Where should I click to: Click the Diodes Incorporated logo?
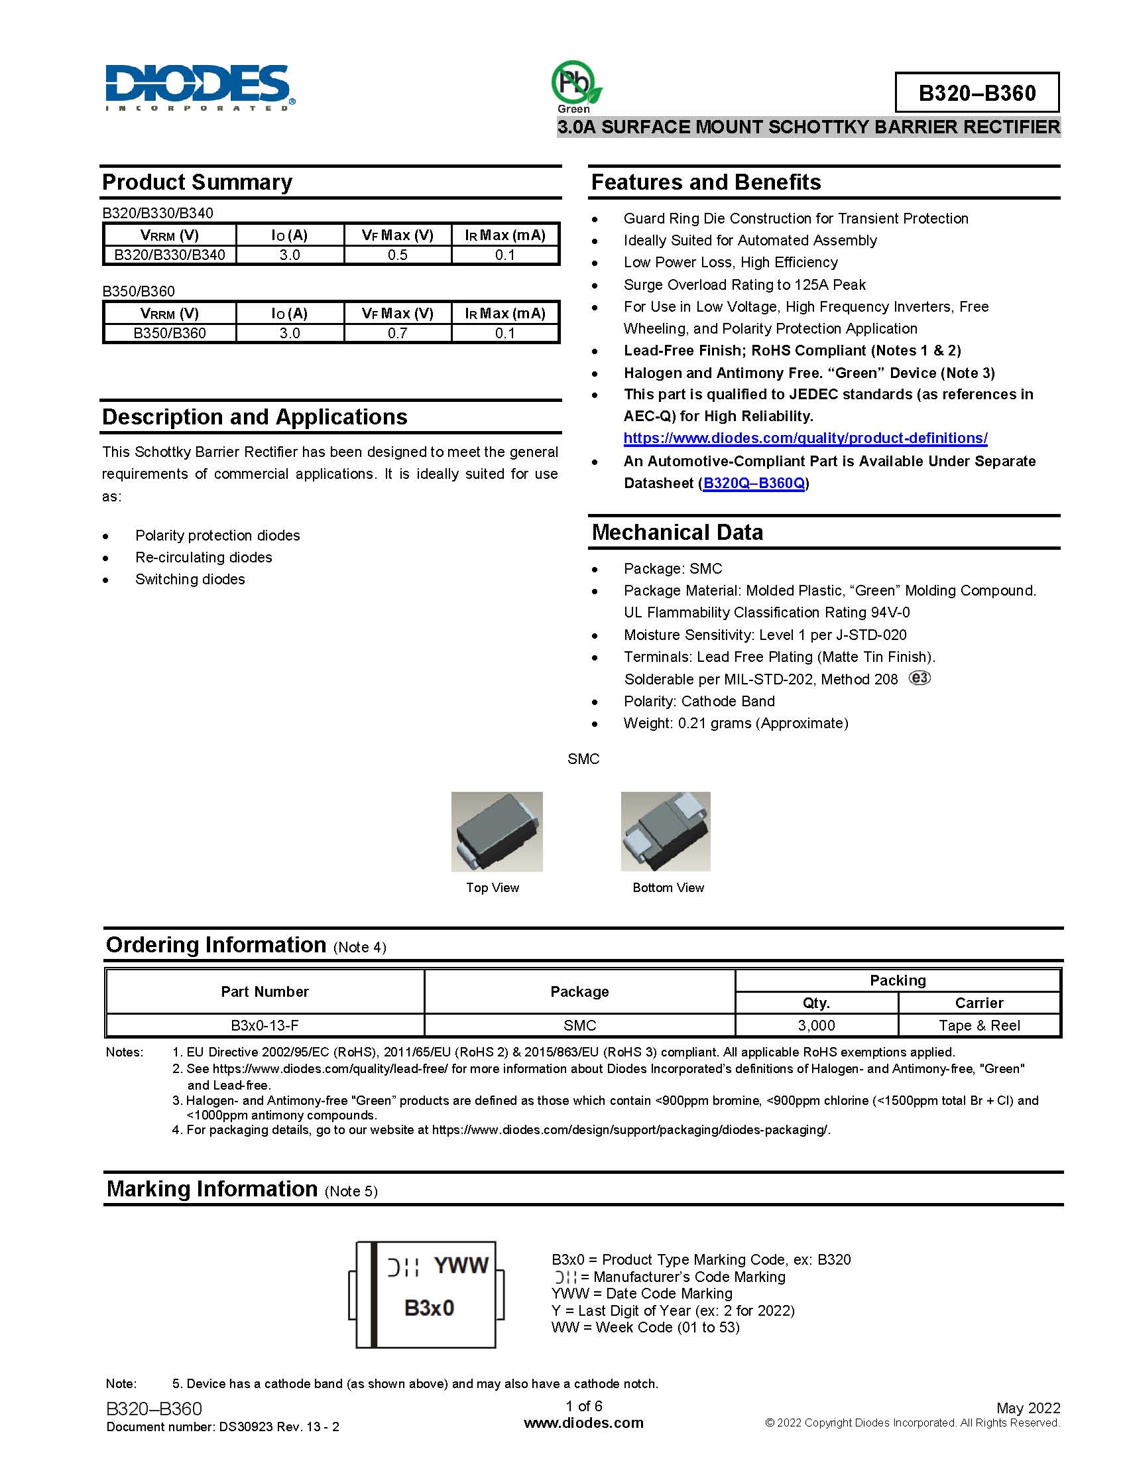coord(199,88)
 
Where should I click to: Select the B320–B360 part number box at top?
coord(976,93)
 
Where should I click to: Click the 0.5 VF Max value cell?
coord(397,255)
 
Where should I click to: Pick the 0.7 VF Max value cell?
coord(397,333)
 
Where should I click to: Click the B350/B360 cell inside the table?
coord(170,333)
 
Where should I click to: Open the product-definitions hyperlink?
coord(805,438)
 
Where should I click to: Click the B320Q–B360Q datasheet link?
coord(754,483)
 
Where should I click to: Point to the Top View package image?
coord(497,831)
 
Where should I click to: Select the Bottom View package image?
coord(665,831)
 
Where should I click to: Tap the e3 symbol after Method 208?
coord(919,678)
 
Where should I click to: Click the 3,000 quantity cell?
coord(816,1025)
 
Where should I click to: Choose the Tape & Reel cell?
coord(979,1025)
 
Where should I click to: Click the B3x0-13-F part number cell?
coord(265,1025)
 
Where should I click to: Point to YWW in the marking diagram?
coord(461,1265)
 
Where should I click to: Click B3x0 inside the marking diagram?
coord(429,1308)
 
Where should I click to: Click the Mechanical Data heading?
coord(677,533)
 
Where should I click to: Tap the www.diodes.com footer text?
coord(583,1423)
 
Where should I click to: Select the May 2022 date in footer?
coord(1028,1408)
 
